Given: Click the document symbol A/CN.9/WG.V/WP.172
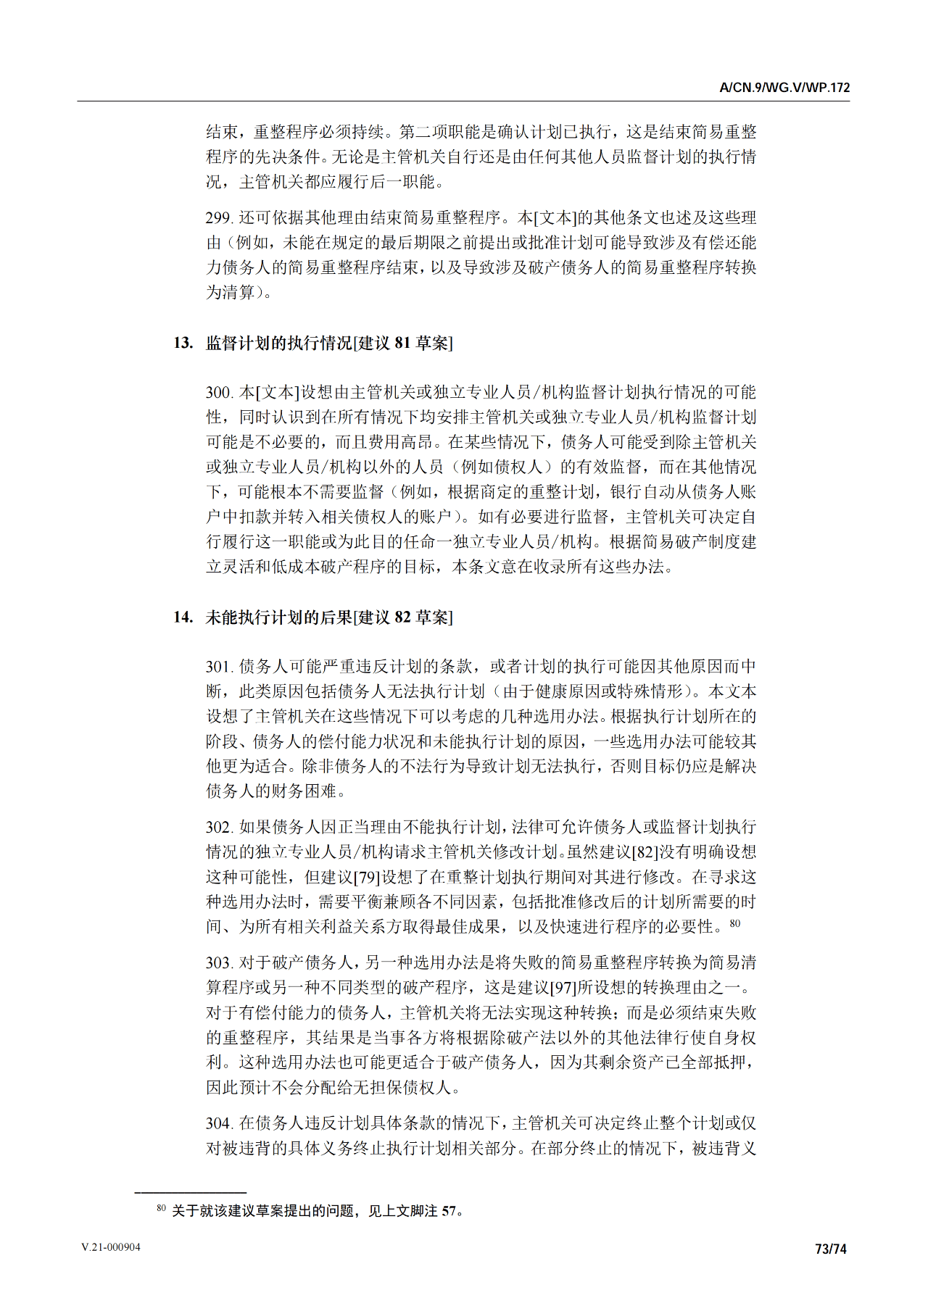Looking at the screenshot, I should click(x=784, y=88).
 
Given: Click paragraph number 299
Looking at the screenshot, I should click(x=218, y=218).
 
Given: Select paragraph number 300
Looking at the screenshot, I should click(x=218, y=393).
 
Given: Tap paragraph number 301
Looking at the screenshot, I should click(x=218, y=667).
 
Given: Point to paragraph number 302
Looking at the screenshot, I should click(x=218, y=828).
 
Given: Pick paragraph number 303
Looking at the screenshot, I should click(x=218, y=963).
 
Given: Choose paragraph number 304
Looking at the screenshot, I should click(x=218, y=1123).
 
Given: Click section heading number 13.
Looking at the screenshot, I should click(x=183, y=343).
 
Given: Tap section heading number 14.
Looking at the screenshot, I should click(x=183, y=617).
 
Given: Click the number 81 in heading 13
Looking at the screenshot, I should click(x=402, y=343).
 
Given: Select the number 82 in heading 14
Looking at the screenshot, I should click(x=402, y=617).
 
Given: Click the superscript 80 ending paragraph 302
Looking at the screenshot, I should click(x=735, y=923).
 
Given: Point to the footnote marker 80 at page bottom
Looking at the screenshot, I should click(x=161, y=1208).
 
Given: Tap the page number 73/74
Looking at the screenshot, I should click(x=831, y=1249).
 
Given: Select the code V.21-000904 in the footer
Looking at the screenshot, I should click(x=111, y=1247).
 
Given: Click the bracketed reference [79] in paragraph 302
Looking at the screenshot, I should click(x=367, y=878).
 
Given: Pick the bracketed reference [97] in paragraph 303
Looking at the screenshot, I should click(x=563, y=988).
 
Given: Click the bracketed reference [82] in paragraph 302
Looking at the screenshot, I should click(x=645, y=852).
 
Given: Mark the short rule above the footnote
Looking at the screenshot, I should click(x=190, y=1192).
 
